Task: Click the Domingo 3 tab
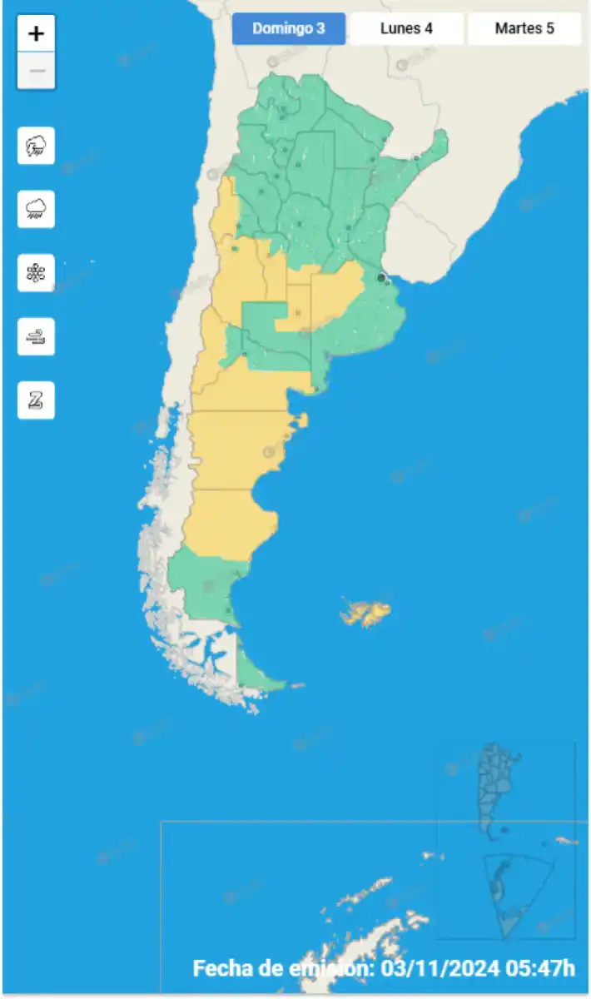coord(288,28)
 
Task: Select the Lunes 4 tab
coord(406,28)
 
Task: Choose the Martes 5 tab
coord(524,28)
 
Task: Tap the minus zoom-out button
coord(37,72)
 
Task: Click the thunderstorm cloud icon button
coord(37,146)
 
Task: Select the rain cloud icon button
coord(37,209)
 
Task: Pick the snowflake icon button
coord(37,273)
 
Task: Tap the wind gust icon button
coord(37,337)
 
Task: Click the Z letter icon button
coord(37,400)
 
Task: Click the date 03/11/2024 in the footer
coord(440,968)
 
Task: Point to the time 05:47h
coord(539,968)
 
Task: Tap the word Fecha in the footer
coord(219,968)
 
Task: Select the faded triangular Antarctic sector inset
coord(515,891)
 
